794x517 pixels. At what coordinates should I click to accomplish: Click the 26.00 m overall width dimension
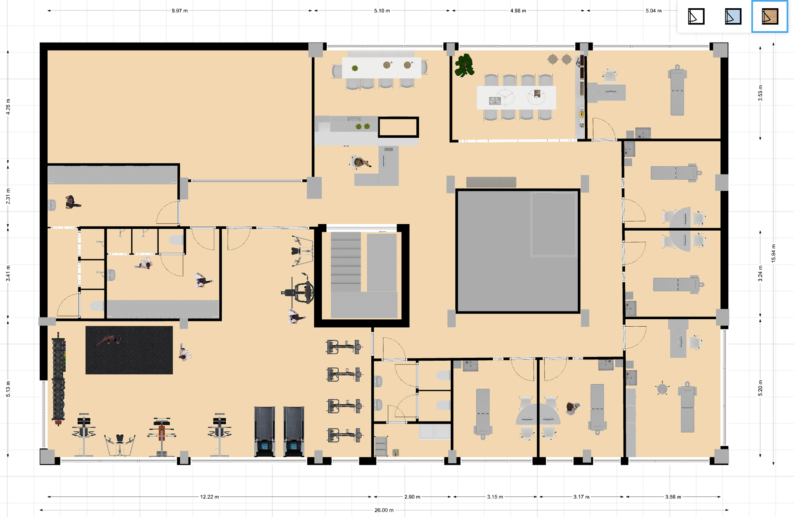(x=384, y=510)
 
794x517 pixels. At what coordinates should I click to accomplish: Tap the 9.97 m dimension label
(x=179, y=11)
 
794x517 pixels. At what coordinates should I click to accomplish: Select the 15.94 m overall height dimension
(x=773, y=253)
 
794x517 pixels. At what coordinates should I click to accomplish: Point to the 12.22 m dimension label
(x=209, y=497)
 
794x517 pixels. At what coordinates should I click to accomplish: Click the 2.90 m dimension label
(x=412, y=497)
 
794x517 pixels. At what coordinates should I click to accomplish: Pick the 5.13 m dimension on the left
(x=8, y=389)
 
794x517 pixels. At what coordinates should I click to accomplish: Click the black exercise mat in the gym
(x=129, y=350)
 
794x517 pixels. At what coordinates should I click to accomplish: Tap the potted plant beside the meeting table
(x=464, y=65)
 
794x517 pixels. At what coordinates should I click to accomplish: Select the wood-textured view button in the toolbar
(x=770, y=17)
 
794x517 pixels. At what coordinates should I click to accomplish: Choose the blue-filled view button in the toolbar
(x=733, y=17)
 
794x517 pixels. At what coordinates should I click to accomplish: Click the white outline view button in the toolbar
(x=696, y=17)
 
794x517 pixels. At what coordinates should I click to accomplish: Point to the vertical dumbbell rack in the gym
(x=58, y=379)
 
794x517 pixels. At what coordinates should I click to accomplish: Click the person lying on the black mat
(x=109, y=340)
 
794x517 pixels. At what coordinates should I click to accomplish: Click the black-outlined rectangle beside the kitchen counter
(x=398, y=127)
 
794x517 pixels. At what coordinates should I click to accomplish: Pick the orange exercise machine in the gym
(x=161, y=436)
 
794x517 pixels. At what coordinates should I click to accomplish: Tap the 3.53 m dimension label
(x=760, y=93)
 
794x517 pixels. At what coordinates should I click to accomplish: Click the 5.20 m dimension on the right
(x=760, y=388)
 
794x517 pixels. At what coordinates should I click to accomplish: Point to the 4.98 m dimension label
(x=518, y=11)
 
